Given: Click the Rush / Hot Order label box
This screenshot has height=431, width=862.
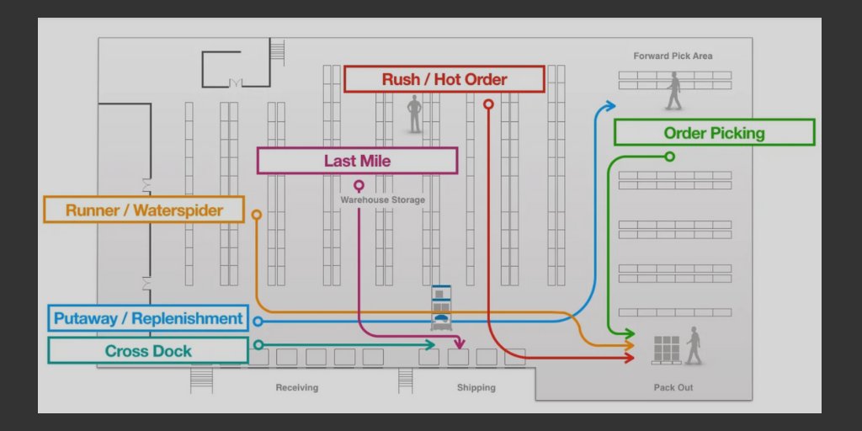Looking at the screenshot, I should coord(444,80).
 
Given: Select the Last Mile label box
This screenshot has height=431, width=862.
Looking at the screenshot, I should coord(357,161).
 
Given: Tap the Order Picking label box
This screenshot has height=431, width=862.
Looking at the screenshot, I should coord(714,133).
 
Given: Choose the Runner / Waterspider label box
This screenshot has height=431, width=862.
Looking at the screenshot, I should coord(144,210).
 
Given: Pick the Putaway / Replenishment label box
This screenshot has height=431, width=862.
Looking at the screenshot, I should coord(148,319).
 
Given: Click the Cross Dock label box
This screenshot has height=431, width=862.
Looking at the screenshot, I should coord(148,351).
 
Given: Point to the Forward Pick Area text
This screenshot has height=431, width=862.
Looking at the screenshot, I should coord(673,56).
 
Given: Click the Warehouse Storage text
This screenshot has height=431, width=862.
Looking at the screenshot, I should coord(382,200).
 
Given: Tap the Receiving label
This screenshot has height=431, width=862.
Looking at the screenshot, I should coord(296,388).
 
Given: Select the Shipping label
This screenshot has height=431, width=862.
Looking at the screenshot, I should coord(476,388).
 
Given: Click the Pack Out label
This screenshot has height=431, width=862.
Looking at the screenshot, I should coord(673,388).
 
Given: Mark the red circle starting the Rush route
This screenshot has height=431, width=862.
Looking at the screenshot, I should coord(488,104).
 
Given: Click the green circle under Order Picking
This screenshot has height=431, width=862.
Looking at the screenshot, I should coord(669,157).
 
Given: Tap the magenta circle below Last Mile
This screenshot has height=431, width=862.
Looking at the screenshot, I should coord(359,184).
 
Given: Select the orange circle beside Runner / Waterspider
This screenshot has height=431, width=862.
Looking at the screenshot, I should coord(257,215).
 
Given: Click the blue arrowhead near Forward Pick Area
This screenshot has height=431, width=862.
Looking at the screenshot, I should coord(609,106).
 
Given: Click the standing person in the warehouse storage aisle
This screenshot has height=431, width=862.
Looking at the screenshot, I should coord(414,114).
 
